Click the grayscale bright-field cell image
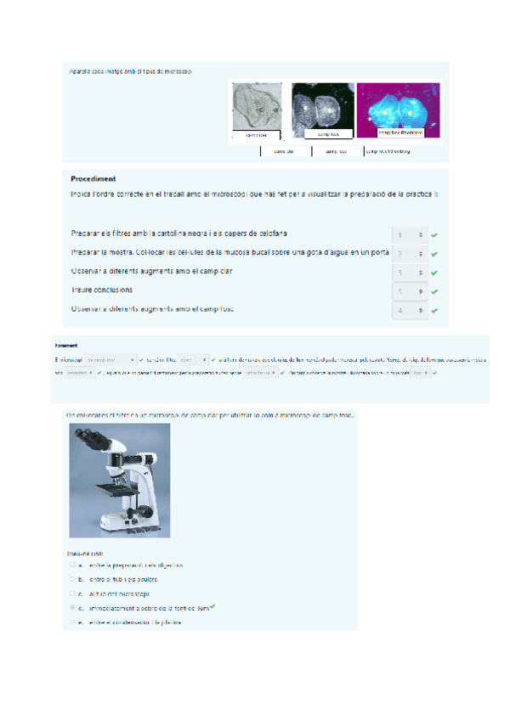point(256,107)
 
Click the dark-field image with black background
point(322,107)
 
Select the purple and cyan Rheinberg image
point(398,107)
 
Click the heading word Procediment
point(93,179)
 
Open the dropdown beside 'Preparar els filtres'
point(409,234)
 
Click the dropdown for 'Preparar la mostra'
point(409,254)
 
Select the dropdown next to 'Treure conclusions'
point(409,292)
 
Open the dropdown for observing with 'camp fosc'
point(409,311)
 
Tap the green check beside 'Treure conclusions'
point(434,292)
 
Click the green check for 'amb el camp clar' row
point(434,273)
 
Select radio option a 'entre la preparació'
point(74,565)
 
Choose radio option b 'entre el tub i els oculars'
point(74,579)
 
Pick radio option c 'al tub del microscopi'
point(74,593)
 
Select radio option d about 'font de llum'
point(74,608)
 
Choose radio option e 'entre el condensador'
point(74,622)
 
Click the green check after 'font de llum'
point(212,607)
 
